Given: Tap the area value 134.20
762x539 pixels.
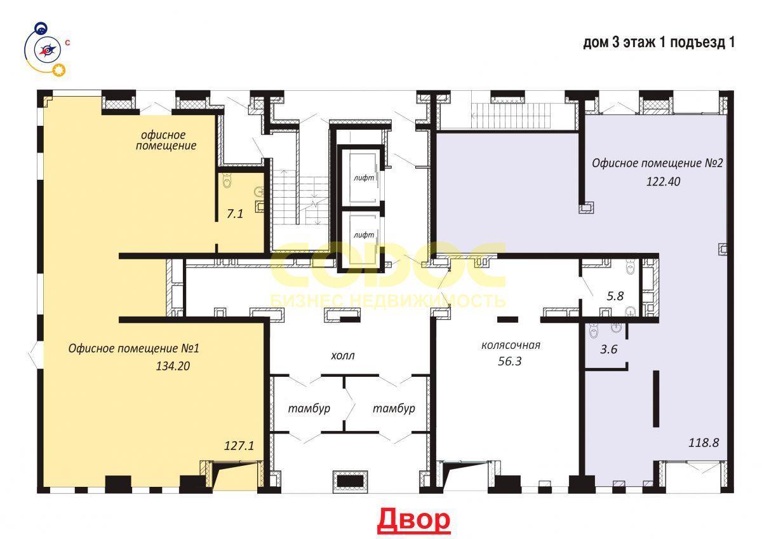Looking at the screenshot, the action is click(x=173, y=366).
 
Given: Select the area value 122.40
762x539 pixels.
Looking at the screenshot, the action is click(x=664, y=182).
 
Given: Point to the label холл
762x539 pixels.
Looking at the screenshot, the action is click(x=342, y=356).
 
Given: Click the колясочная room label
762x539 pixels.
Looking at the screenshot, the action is click(x=511, y=345).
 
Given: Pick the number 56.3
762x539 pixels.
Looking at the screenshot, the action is click(x=509, y=361).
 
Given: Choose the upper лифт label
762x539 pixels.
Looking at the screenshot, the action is click(x=364, y=178).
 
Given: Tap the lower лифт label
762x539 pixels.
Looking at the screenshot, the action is click(x=364, y=235).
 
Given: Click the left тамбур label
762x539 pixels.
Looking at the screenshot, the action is click(x=309, y=408).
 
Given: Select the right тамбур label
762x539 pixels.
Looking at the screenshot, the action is click(x=394, y=408).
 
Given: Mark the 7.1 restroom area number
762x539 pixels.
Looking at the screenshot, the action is click(x=235, y=214).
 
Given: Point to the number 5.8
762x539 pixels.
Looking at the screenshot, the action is click(x=615, y=296).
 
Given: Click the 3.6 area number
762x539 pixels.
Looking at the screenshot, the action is click(x=608, y=350).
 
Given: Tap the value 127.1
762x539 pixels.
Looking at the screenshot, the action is click(x=239, y=446).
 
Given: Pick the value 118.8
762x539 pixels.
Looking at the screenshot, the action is click(x=704, y=442).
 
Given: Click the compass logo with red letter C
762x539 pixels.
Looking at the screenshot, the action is click(x=47, y=50).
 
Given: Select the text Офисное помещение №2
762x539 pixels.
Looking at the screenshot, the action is click(x=657, y=163).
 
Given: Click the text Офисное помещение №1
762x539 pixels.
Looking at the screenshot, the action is click(x=134, y=348).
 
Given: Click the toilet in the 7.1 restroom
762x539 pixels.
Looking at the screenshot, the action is click(x=227, y=181).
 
